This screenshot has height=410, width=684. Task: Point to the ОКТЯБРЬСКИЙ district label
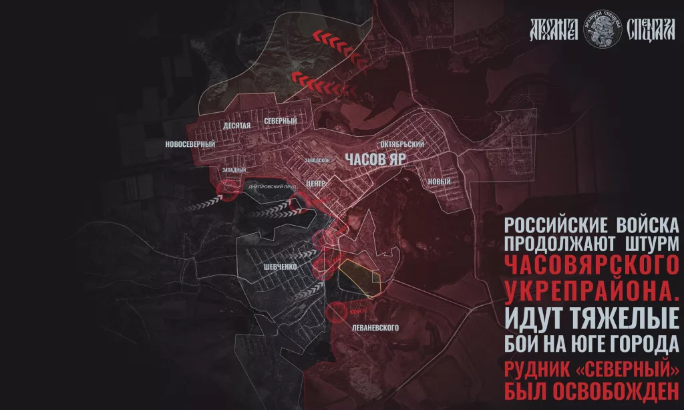tap(402, 144)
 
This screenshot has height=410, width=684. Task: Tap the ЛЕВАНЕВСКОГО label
tap(374, 328)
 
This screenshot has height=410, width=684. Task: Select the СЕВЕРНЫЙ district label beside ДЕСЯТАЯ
tap(280, 120)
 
